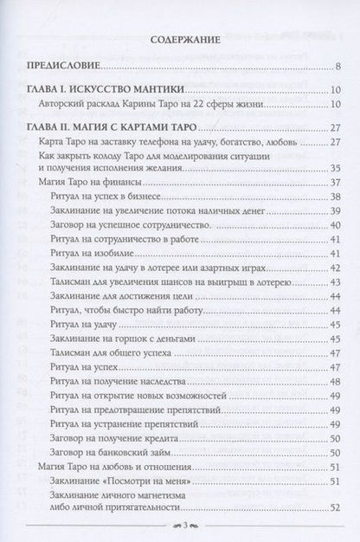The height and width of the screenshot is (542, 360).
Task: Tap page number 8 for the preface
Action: coord(337,67)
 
